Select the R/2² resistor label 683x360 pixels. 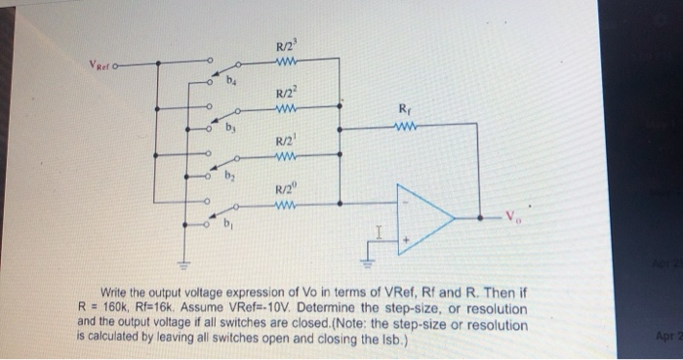click(286, 92)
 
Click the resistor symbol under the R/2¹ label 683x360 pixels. click(286, 158)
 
